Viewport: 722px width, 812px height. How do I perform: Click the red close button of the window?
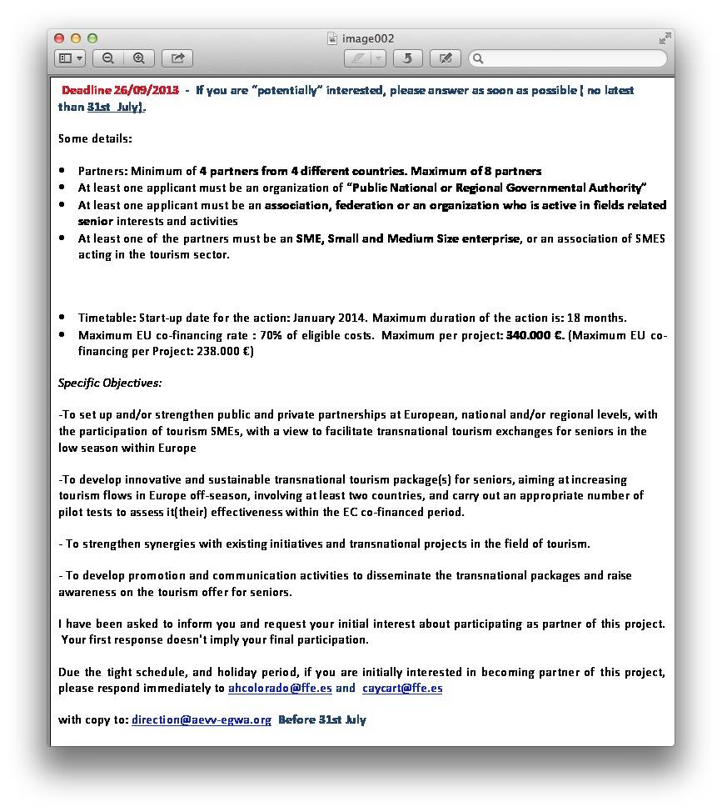point(59,38)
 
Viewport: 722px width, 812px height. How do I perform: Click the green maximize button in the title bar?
point(92,38)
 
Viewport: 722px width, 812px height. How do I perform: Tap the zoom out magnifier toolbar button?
point(108,58)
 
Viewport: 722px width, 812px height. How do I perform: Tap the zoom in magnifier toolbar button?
point(139,58)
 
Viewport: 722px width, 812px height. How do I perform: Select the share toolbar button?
point(177,58)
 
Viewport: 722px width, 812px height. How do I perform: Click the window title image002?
point(367,38)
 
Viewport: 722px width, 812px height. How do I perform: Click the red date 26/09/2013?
point(147,90)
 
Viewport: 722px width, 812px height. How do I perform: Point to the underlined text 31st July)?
point(116,107)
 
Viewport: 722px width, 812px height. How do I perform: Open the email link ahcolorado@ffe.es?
point(280,688)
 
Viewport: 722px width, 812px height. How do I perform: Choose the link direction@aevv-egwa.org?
point(202,719)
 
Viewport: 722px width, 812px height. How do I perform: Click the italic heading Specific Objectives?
point(110,383)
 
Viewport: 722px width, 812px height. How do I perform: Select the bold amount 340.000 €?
point(535,334)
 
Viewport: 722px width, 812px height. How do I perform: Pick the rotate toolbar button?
point(407,58)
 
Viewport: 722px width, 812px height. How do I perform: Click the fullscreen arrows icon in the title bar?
point(665,38)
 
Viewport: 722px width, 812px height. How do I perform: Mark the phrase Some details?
point(95,138)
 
